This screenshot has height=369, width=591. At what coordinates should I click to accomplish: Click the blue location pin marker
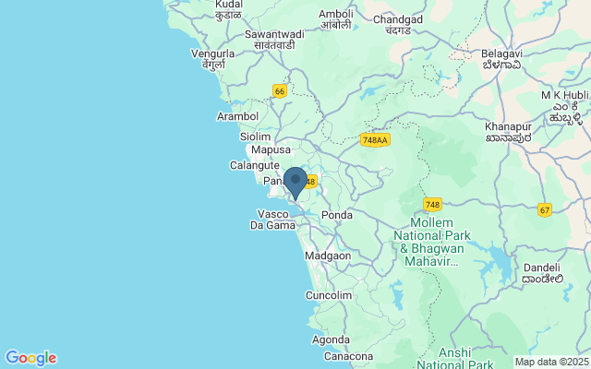coord(295,182)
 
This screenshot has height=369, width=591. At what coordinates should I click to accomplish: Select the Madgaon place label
coord(328,256)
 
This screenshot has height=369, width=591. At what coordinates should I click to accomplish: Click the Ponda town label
coord(337,215)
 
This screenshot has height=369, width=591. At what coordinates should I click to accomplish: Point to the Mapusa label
coord(271,149)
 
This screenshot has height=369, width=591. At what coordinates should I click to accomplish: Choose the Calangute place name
coord(255,166)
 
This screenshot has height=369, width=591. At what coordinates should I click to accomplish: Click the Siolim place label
coord(255,136)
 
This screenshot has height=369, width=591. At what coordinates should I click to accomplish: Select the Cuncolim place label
coord(329,295)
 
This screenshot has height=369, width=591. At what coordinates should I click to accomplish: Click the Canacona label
coord(348,356)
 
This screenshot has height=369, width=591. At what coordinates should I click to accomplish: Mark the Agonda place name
coord(331,339)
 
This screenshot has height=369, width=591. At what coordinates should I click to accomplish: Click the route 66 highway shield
coord(280,90)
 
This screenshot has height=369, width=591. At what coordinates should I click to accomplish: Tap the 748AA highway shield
coord(375,139)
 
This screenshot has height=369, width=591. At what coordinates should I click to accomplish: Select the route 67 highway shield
coord(545,210)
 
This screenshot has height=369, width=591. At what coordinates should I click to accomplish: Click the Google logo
coord(30,358)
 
